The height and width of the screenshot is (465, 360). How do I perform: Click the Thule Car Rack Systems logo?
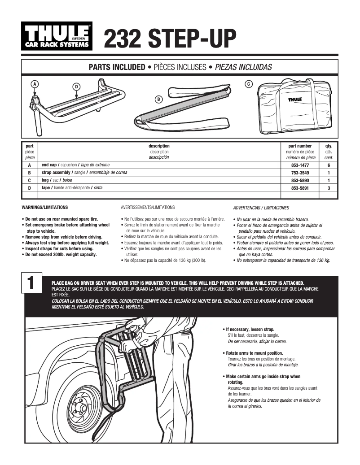tap(57, 37)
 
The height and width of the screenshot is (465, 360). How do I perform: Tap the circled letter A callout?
tap(34, 83)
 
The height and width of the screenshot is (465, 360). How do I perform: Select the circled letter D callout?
tap(77, 86)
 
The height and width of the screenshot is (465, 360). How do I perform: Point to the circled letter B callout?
tap(158, 99)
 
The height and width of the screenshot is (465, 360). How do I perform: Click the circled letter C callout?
tap(249, 84)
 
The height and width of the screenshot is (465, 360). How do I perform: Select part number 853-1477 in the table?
tap(299, 165)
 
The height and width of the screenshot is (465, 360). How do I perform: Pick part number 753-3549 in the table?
tap(299, 173)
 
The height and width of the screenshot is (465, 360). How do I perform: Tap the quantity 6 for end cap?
tap(329, 165)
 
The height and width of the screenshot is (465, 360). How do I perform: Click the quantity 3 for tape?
tap(329, 188)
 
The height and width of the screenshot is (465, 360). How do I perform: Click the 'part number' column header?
tap(299, 146)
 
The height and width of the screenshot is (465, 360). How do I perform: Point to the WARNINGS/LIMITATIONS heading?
tap(45, 208)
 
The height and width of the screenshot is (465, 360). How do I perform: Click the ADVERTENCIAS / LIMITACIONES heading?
tap(261, 208)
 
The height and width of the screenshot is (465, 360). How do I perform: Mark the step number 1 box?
tap(31, 283)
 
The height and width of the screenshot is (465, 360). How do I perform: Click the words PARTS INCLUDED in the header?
tap(117, 67)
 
